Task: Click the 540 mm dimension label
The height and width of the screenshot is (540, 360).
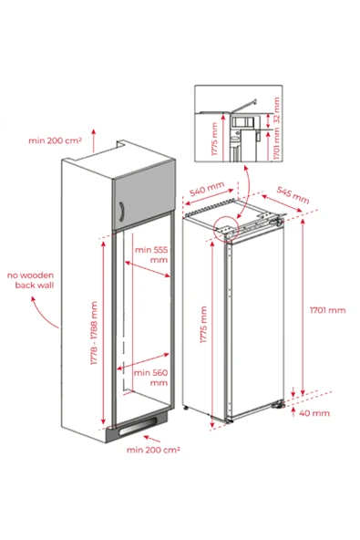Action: (x=207, y=189)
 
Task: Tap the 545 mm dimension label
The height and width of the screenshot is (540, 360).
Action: (x=293, y=195)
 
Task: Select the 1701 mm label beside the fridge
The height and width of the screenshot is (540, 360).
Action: (x=327, y=310)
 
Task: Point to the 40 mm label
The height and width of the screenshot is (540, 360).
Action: (x=314, y=413)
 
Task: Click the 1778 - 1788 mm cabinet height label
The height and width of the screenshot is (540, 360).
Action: (x=94, y=333)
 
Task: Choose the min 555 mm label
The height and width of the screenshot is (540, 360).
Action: (x=151, y=254)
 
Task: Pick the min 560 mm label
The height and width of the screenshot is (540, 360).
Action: (x=150, y=378)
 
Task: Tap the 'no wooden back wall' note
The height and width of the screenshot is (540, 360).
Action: (x=31, y=280)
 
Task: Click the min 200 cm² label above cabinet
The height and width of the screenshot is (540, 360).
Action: (x=55, y=140)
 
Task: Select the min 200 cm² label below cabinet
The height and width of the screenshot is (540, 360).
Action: (x=153, y=450)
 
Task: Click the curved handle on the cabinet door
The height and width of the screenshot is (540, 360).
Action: (x=121, y=211)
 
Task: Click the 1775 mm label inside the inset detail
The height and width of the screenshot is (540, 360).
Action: (x=215, y=140)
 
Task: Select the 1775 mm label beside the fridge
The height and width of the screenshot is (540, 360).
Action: (x=203, y=325)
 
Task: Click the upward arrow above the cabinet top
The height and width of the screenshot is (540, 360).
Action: (x=93, y=140)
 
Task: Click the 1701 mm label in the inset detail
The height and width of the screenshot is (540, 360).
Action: (x=276, y=143)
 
